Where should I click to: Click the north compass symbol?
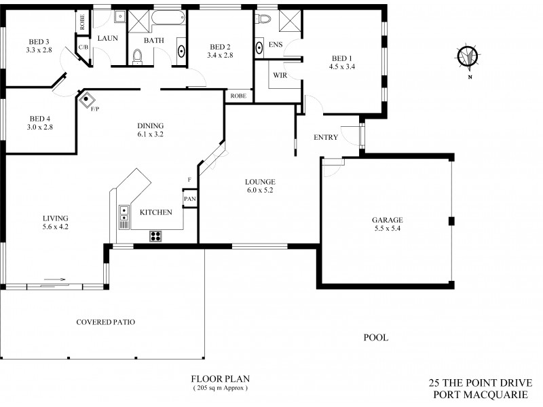[x=467, y=57]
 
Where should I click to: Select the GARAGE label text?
[x=387, y=220]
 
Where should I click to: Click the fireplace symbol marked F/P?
[x=88, y=99]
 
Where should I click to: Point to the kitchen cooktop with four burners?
[x=155, y=236]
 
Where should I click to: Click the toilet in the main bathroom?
[x=138, y=58]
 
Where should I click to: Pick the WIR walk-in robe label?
[x=280, y=75]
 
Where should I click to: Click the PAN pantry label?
[x=189, y=199]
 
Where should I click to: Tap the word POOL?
[x=375, y=337]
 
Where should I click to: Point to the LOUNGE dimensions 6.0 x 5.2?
[x=260, y=191]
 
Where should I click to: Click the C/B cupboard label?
[x=84, y=47]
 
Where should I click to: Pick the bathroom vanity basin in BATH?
[x=181, y=50]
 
